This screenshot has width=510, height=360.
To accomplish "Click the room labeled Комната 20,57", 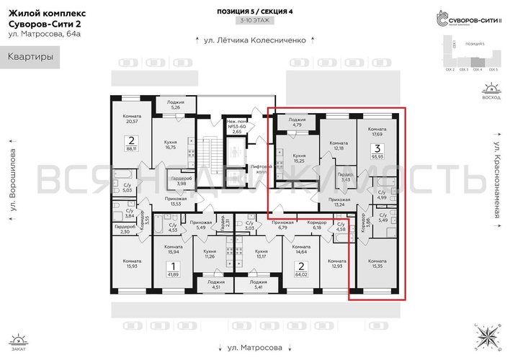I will tap(130, 120).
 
